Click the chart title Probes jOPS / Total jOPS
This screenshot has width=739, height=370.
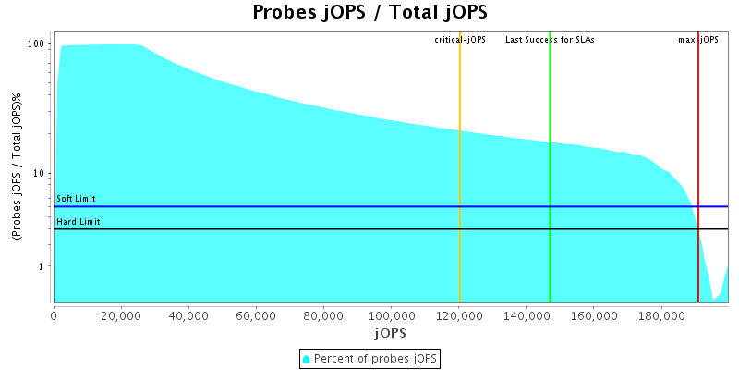point(369,13)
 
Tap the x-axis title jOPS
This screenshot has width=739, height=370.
point(390,332)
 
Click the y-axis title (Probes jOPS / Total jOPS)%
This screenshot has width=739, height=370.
point(18,166)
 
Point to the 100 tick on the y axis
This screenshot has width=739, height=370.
point(36,44)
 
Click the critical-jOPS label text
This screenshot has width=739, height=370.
point(460,40)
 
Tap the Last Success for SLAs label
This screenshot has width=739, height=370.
point(550,40)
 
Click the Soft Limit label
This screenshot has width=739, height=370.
point(76,199)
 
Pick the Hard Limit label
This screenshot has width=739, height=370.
point(78,222)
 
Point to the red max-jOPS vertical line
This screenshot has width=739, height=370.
point(698,139)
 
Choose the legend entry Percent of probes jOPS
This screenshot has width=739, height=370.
point(369,358)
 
